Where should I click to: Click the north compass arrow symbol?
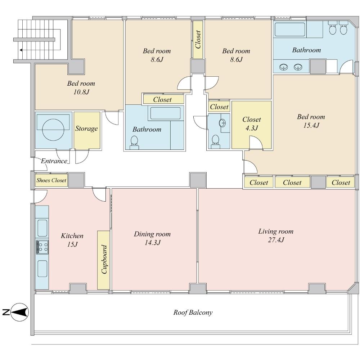(20, 312)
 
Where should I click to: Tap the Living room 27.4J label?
(276, 235)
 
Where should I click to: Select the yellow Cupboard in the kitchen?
(104, 260)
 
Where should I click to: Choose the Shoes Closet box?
(51, 180)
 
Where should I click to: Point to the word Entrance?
(54, 161)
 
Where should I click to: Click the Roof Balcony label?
(193, 312)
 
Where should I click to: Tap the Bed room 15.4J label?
(311, 121)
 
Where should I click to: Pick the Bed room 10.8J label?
(81, 87)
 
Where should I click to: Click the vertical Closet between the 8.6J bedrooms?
(198, 39)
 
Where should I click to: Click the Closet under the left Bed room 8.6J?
(163, 99)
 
